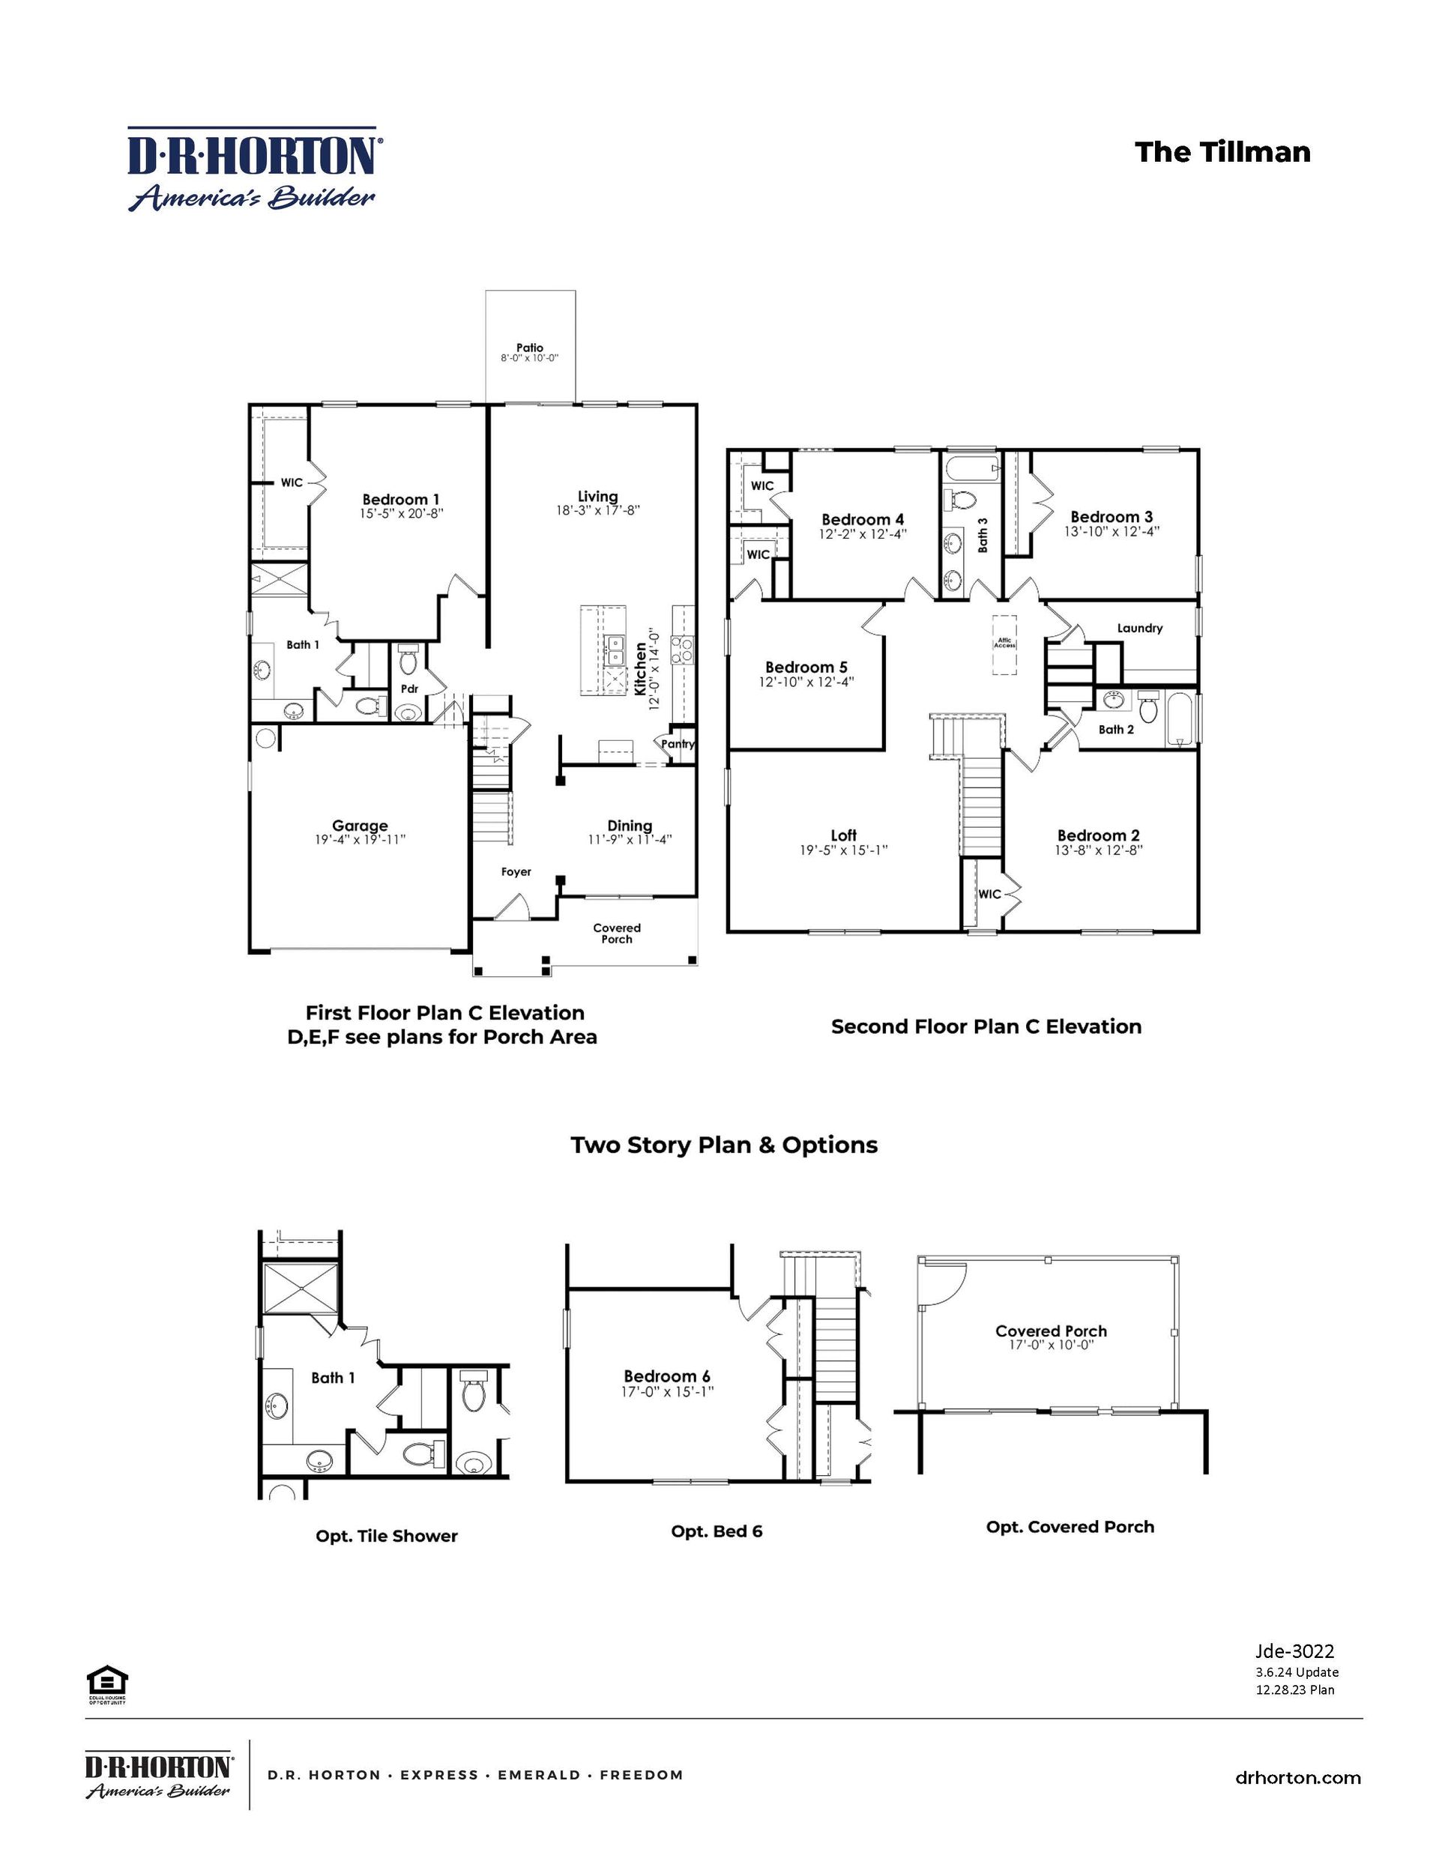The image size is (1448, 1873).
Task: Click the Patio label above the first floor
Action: [x=529, y=348]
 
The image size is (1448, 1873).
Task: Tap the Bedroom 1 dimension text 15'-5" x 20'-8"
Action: [x=401, y=514]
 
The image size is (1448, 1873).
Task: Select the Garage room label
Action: [x=360, y=826]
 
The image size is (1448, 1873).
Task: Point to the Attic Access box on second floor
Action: [x=1004, y=644]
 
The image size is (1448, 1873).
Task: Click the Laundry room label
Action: [x=1139, y=628]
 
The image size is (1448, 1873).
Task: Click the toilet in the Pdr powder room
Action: [x=408, y=662]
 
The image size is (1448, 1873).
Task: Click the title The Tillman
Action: [x=1222, y=152]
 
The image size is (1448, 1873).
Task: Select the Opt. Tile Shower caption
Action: [x=386, y=1536]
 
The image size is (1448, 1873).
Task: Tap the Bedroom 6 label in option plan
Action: [x=666, y=1376]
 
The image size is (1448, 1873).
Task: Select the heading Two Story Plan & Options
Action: [x=724, y=1145]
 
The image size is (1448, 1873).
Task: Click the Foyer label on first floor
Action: [x=516, y=871]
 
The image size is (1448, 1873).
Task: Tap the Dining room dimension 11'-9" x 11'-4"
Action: [x=629, y=839]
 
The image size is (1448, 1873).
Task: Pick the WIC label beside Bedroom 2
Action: [x=989, y=894]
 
